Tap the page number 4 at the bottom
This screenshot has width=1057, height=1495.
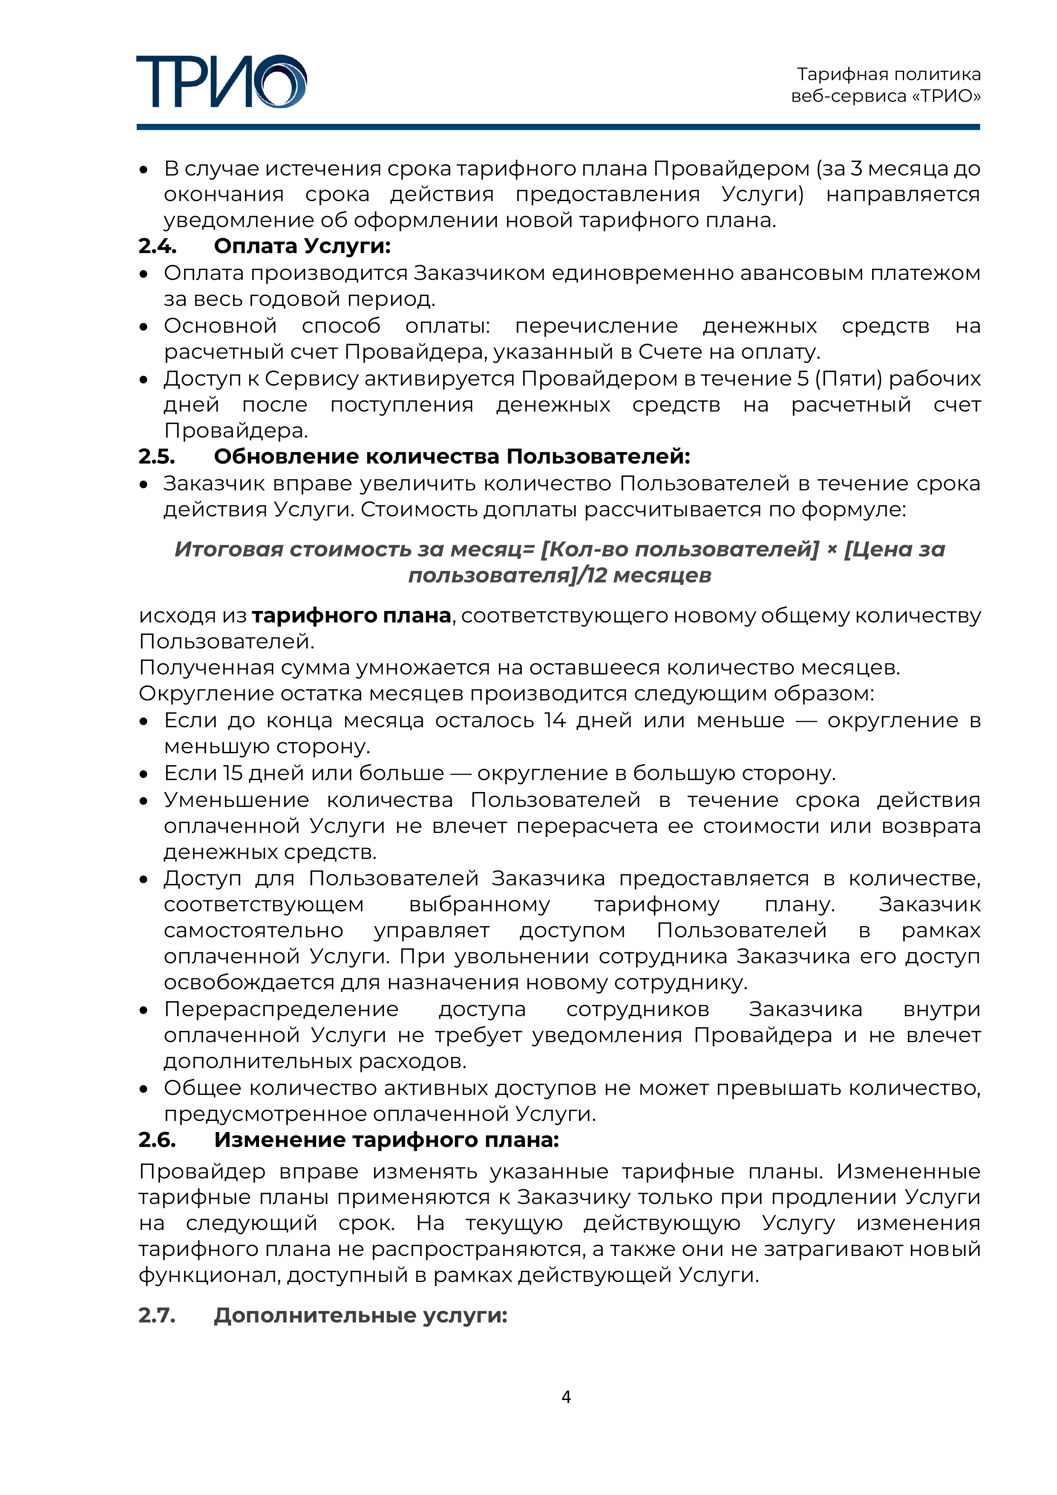[x=566, y=1396]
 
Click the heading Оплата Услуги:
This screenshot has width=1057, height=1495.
[x=302, y=246]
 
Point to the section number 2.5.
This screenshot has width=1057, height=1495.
[x=156, y=456]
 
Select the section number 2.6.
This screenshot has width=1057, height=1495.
[x=157, y=1140]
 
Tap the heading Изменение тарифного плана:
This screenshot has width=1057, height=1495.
[x=386, y=1140]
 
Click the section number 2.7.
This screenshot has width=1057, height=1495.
[x=157, y=1315]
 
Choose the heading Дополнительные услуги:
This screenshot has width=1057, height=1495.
[x=360, y=1315]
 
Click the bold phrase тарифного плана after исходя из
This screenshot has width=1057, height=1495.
[x=351, y=615]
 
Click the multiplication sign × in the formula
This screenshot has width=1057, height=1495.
[x=832, y=550]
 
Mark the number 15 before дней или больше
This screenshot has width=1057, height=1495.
[x=233, y=773]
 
